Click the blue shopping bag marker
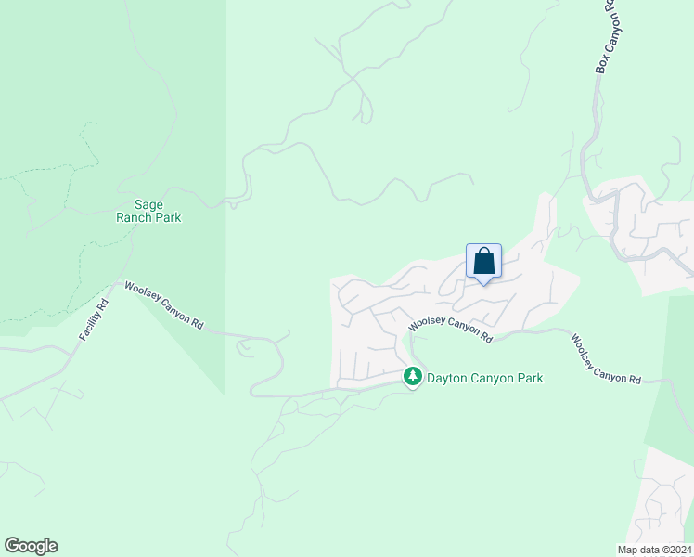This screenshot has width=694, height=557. click(483, 261)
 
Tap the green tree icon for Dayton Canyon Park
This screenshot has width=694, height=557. click(413, 377)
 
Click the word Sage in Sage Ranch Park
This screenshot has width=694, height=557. click(148, 205)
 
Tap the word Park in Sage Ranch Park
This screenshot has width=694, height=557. click(168, 218)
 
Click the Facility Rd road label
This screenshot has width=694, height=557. click(95, 317)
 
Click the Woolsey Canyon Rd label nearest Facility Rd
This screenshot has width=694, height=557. click(163, 307)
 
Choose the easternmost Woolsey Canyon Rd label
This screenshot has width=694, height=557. click(605, 359)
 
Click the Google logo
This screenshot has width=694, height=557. click(31, 546)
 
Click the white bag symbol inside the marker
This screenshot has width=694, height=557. click(483, 261)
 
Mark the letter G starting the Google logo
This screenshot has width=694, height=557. click(12, 546)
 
